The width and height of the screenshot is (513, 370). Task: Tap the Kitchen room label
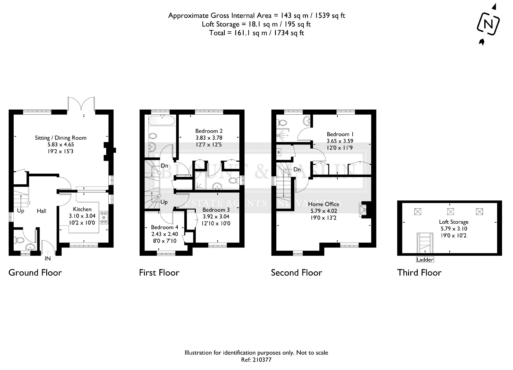(82, 209)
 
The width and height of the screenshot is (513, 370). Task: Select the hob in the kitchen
(104, 217)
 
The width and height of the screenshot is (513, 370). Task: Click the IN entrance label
(48, 258)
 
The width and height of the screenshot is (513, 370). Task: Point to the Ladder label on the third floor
(425, 260)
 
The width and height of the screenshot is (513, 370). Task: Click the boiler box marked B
(279, 152)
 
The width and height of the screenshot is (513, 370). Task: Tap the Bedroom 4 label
(164, 227)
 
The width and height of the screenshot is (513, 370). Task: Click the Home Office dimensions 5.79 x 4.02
(324, 211)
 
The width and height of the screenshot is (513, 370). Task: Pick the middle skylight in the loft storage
(450, 211)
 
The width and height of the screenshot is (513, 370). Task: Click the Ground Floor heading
(35, 273)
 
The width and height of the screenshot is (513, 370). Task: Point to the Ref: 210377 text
(256, 360)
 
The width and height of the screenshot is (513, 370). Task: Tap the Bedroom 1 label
(340, 134)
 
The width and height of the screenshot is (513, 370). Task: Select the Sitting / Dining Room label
(61, 138)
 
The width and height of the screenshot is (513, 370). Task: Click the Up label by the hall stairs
(21, 211)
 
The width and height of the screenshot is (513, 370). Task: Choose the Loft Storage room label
(453, 222)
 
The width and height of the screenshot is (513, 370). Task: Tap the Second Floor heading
(296, 273)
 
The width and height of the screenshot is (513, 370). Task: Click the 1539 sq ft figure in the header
(330, 16)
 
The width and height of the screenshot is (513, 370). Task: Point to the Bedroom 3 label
(216, 210)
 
